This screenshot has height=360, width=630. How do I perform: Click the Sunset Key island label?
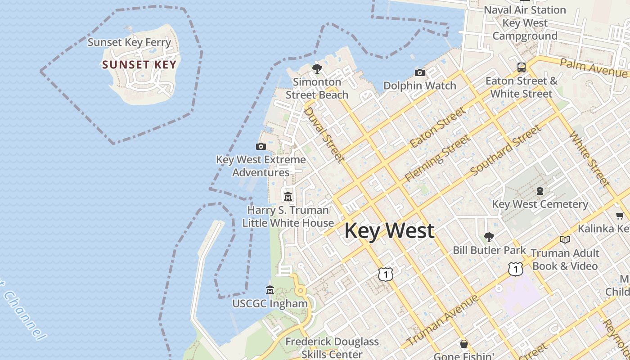pos(139,65)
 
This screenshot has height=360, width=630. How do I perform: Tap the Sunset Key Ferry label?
pos(129,42)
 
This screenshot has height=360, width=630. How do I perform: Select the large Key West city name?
pos(389,230)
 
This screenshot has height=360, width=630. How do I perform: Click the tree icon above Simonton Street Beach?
pos(317,69)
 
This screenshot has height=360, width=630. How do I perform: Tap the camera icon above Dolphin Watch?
pos(419,72)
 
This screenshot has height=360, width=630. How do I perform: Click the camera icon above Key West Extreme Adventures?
pos(261,146)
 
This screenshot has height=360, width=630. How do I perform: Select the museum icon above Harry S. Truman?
pos(288,196)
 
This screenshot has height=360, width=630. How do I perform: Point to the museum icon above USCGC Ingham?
pos(270,290)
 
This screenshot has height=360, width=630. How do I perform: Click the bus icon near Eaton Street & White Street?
pos(521,67)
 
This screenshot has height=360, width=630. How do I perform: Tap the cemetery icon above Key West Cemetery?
pos(540,191)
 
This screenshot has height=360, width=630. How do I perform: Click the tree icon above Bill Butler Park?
pos(489,237)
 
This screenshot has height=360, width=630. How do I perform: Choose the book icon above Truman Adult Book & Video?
pos(565,239)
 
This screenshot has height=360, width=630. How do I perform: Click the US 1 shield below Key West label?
pos(386,274)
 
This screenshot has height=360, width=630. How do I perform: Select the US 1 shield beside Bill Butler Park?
pos(515,269)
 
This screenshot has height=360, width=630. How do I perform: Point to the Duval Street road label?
pos(324,134)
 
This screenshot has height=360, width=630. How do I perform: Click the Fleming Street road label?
pos(436,159)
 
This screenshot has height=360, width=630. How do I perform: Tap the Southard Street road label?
pos(506,151)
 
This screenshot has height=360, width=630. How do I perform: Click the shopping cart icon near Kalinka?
pos(620,216)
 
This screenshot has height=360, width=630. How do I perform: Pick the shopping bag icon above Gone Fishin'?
pos(464,344)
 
